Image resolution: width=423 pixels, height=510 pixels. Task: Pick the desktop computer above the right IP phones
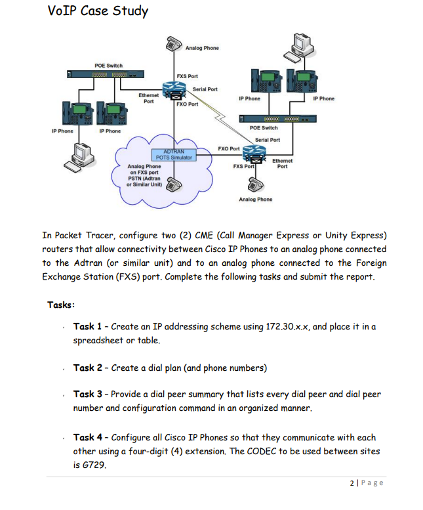coord(300,45)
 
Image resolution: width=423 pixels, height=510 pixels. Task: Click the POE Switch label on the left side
coord(108,66)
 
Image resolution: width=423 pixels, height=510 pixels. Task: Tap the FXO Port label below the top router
coord(188,104)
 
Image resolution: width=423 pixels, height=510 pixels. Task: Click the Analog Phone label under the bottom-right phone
coord(255,199)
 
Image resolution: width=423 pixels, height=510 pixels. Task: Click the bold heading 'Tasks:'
coord(61,305)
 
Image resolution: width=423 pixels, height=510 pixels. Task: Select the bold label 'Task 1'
coord(87,327)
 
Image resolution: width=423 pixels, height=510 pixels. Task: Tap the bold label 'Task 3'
coord(87,394)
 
